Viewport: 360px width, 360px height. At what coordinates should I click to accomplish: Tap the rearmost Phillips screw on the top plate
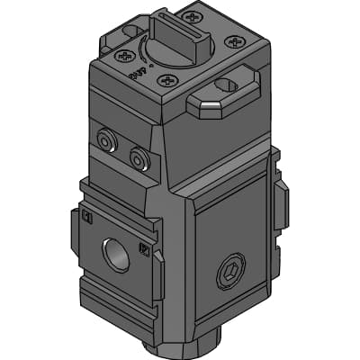pos(191,15)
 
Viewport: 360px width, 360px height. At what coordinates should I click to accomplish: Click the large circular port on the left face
pos(115,254)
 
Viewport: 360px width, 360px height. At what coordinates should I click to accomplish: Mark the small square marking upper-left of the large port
pos(87,218)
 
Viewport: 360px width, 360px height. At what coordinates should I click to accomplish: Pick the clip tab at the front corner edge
pos(158,275)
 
